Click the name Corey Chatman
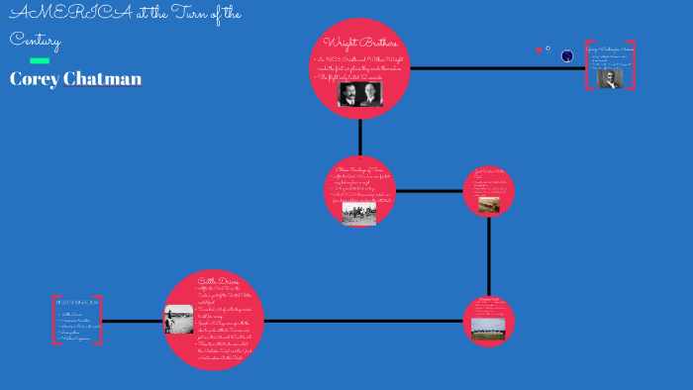point(75,79)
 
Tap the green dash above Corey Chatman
point(40,60)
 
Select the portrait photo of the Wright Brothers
point(359,93)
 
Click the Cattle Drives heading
point(218,281)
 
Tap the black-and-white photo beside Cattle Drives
point(179,320)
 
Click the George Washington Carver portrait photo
point(610,79)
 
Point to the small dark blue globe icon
point(567,56)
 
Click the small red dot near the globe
point(539,49)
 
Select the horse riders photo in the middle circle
point(359,213)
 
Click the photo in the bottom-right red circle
point(489,326)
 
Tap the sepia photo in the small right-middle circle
point(489,205)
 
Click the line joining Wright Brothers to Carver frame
point(495,68)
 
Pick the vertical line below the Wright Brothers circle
point(360,137)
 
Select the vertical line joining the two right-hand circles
point(489,257)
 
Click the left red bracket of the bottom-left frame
point(55,320)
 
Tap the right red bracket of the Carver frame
point(632,65)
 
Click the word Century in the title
point(36,41)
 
